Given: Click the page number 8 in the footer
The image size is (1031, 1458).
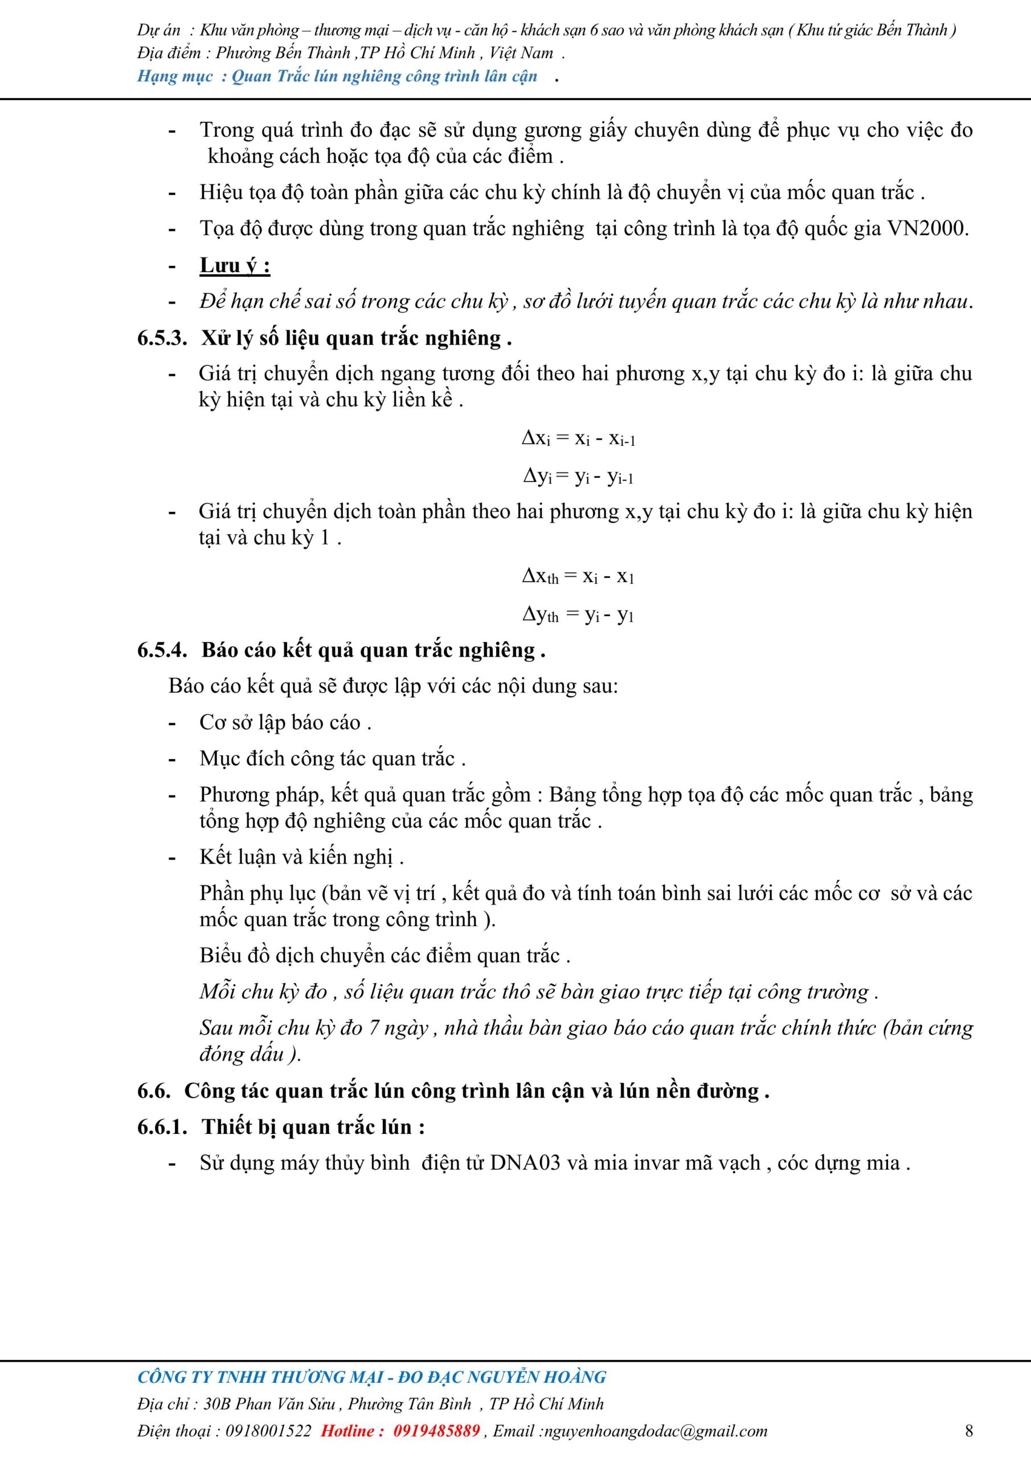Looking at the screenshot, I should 969,1430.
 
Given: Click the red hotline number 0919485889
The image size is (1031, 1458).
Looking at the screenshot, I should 436,1431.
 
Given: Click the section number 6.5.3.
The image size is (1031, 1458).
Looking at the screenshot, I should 162,338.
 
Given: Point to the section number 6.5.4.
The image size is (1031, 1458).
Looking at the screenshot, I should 162,650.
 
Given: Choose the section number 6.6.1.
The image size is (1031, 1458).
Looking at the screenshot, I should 162,1127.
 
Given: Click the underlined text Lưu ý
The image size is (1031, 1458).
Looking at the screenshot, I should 235,265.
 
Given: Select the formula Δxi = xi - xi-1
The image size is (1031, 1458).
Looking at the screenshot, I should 578,439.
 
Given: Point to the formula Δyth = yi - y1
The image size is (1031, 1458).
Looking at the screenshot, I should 578,615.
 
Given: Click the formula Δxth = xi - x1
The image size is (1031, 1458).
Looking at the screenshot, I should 578,576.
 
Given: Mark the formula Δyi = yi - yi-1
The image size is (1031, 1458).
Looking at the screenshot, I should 578,477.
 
